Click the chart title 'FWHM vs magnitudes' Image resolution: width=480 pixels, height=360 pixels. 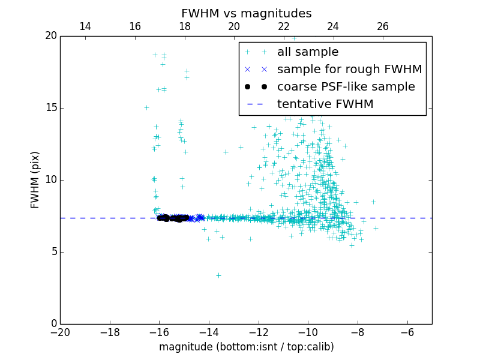tap(246, 13)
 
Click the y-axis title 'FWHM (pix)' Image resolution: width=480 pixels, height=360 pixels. tap(35, 179)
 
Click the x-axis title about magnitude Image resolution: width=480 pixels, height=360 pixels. tap(246, 347)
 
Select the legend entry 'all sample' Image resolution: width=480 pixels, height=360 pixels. tap(308, 52)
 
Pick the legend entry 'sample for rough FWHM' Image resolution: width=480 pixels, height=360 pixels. tap(349, 70)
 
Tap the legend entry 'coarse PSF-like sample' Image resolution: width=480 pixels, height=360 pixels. tap(346, 87)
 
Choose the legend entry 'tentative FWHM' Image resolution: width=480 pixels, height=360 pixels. tap(325, 104)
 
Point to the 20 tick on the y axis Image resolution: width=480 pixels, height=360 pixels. tap(50, 36)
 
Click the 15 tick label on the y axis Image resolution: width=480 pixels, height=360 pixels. tap(50, 108)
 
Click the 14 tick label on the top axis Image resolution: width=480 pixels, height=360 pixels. tap(85, 26)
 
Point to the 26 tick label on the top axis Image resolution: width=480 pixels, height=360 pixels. tap(383, 26)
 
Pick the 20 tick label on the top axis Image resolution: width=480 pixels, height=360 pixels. tap(234, 26)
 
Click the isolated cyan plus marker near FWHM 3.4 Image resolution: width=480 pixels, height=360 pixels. tap(218, 275)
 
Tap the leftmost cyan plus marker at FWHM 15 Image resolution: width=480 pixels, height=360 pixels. tap(146, 108)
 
